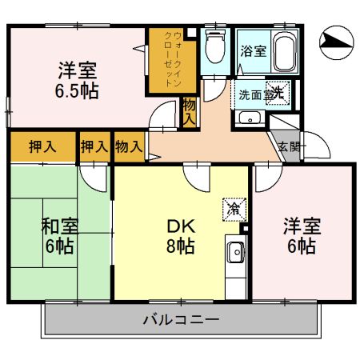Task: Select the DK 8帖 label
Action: [181, 234]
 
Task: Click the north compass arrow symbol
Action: [336, 40]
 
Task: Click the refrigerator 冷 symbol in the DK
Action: [233, 207]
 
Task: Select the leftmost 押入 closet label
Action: [42, 146]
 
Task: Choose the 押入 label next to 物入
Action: [93, 146]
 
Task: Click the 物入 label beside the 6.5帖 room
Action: [190, 111]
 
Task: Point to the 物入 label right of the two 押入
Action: [128, 146]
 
